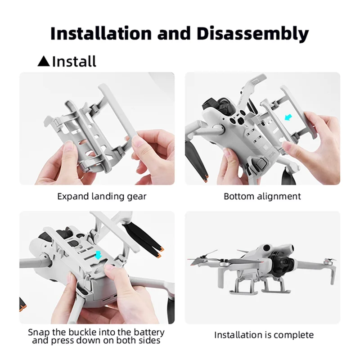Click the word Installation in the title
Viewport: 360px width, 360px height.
coord(101,34)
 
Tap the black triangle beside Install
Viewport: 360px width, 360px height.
coord(44,61)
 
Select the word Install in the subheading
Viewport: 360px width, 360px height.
coord(74,61)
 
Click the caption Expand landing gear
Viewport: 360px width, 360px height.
coord(102,197)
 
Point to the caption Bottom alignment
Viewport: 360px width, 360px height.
coord(262,197)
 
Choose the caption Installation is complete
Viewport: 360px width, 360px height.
coord(264,335)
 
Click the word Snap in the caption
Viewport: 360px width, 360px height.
coord(38,332)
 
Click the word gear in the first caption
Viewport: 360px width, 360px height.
coord(137,197)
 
